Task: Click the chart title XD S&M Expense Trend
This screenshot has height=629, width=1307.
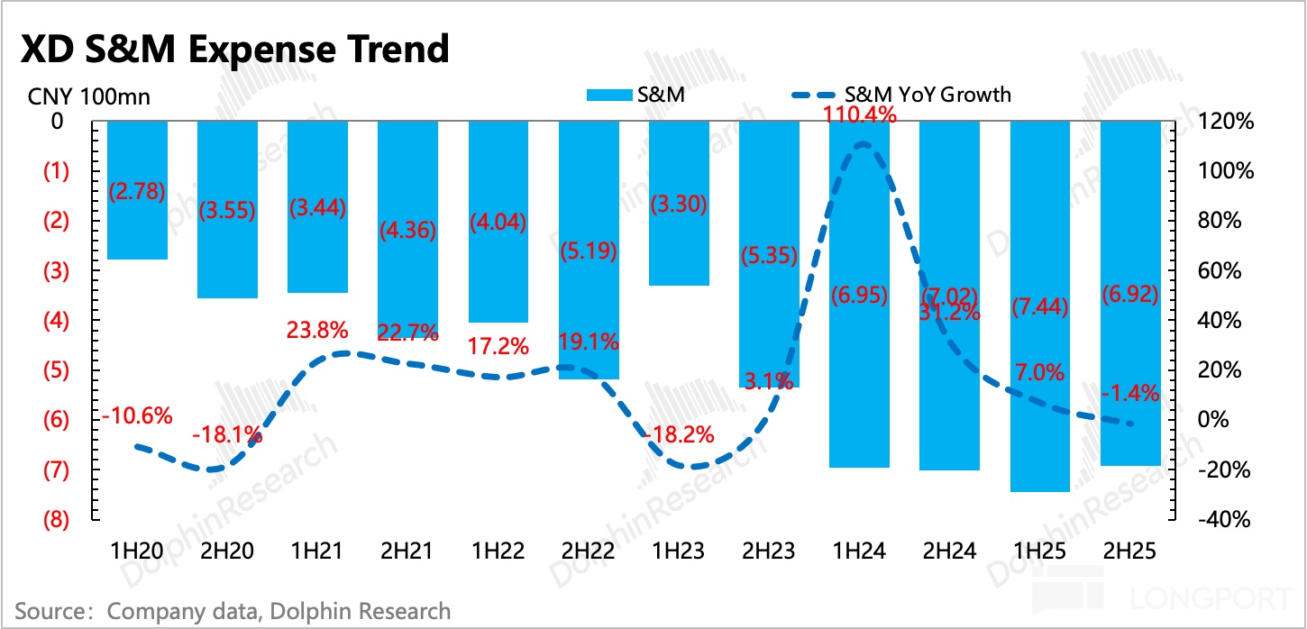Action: pyautogui.click(x=234, y=49)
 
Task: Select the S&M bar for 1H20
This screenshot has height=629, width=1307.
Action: pyautogui.click(x=137, y=190)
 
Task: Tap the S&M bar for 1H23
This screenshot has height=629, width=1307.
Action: pyautogui.click(x=680, y=203)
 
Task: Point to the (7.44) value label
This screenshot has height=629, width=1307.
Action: pyautogui.click(x=1040, y=307)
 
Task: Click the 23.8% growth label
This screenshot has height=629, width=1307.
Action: pyautogui.click(x=317, y=331)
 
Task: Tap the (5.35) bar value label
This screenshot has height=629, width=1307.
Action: pyautogui.click(x=769, y=255)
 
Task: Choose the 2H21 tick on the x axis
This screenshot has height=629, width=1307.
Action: pyautogui.click(x=407, y=548)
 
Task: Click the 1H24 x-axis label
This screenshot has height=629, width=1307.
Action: pyautogui.click(x=860, y=548)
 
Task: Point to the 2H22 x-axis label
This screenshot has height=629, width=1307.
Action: pyautogui.click(x=589, y=548)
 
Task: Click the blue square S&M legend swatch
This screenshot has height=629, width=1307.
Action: pyautogui.click(x=608, y=95)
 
